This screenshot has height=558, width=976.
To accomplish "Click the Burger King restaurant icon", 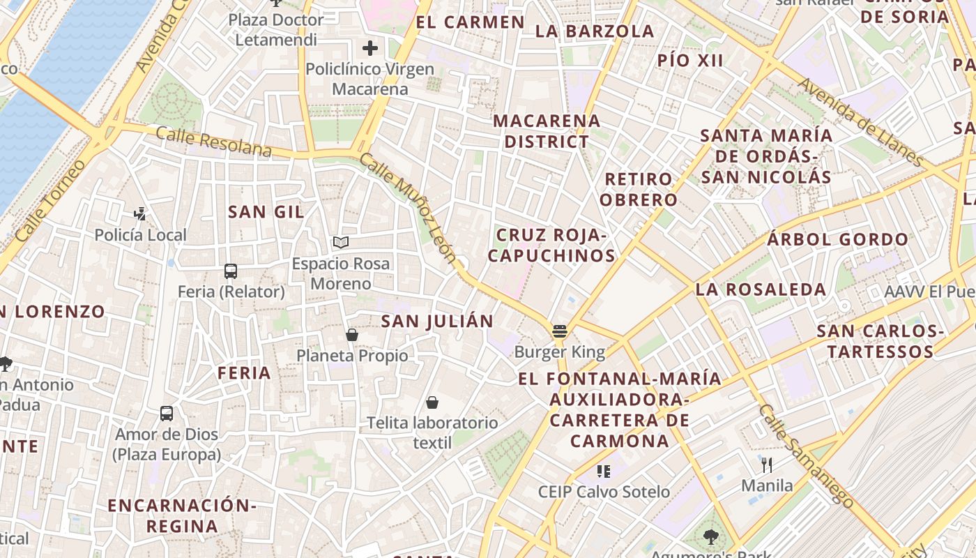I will [x=559, y=331].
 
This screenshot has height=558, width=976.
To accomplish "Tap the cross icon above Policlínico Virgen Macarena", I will [x=370, y=48].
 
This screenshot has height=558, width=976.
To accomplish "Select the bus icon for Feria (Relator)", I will [x=231, y=271].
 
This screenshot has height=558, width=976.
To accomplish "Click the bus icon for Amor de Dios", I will [x=167, y=413].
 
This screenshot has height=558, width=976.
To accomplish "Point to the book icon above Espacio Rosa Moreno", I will [x=341, y=242].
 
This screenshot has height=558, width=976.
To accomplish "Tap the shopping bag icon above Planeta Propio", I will [x=352, y=335].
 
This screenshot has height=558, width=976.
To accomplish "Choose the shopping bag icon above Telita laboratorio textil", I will [x=432, y=402].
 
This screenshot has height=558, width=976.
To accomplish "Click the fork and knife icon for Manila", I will [x=767, y=465].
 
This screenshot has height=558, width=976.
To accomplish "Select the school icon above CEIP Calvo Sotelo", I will [x=604, y=471].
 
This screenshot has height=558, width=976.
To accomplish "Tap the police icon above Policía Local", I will [x=140, y=213].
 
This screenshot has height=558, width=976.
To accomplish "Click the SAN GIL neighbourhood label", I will [x=266, y=212].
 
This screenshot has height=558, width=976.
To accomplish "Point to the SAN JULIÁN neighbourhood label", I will [x=437, y=321].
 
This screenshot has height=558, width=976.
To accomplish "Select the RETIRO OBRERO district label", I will [x=639, y=189].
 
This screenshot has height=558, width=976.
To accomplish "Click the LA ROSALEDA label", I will [x=761, y=289].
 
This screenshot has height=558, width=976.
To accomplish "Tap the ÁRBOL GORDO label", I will [x=837, y=240].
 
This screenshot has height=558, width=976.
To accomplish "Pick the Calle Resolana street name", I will [x=213, y=142].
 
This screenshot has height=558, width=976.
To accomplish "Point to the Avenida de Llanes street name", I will [x=862, y=121].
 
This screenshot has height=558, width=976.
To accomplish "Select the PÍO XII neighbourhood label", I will [x=690, y=61].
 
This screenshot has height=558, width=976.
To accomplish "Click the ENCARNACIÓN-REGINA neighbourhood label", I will [x=182, y=515].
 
